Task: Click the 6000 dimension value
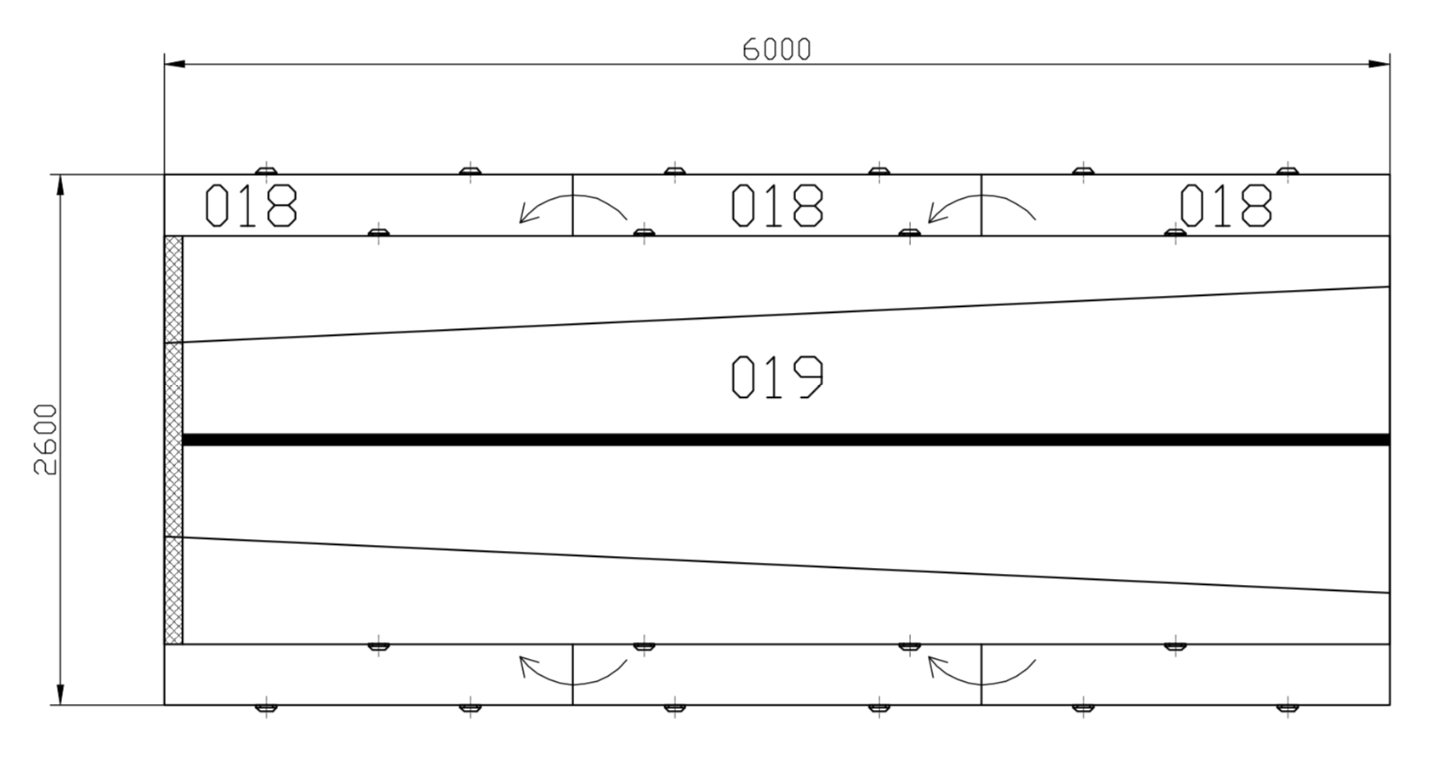[776, 49]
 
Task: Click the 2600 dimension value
[46, 440]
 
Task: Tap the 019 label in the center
[777, 377]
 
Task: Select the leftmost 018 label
[251, 206]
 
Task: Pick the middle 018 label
[777, 206]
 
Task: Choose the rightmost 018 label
[1226, 206]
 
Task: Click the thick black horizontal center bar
[786, 440]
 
